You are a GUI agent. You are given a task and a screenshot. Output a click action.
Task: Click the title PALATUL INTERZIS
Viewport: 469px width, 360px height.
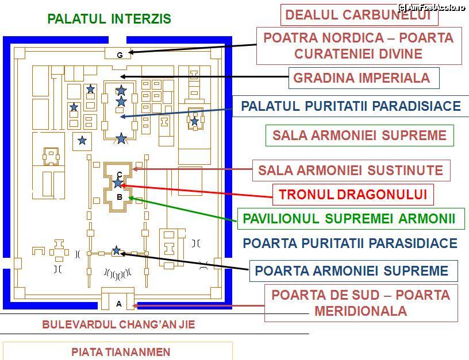[109, 19]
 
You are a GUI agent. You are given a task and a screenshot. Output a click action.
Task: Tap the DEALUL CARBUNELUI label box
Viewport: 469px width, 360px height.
[359, 15]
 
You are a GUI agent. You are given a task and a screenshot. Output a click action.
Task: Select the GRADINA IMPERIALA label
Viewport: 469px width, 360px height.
[362, 78]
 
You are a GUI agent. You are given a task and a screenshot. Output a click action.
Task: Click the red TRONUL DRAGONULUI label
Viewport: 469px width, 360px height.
[353, 195]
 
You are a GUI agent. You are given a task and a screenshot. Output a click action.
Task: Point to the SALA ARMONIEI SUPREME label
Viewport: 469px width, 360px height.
[359, 136]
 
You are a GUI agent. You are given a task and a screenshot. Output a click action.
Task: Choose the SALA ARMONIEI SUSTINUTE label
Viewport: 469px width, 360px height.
[351, 170]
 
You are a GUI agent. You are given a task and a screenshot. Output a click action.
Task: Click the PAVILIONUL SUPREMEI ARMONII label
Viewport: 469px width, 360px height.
[349, 219]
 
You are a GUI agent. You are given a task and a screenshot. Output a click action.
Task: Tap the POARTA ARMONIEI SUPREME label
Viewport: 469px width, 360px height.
[351, 271]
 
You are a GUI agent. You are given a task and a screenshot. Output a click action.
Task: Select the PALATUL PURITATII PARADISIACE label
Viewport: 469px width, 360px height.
[351, 106]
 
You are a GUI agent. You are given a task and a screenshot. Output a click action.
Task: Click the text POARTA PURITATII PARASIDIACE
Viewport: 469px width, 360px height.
[350, 243]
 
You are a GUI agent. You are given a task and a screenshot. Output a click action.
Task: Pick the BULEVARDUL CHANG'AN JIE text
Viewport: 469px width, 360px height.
[118, 324]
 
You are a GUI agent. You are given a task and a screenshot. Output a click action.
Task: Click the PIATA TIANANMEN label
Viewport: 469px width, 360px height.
[121, 351]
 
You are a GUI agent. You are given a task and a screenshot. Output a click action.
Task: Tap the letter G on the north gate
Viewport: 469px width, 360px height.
[120, 55]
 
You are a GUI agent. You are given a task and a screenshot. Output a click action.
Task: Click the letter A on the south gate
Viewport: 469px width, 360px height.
[119, 304]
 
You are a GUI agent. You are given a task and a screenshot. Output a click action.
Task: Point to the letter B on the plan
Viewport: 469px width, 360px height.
[120, 197]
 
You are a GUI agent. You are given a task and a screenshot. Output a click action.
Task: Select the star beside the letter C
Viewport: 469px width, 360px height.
[118, 183]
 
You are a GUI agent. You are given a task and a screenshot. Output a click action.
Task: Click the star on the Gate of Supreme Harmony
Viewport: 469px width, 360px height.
[117, 250]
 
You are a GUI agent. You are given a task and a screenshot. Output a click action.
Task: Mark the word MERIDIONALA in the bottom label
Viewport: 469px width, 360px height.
[360, 311]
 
